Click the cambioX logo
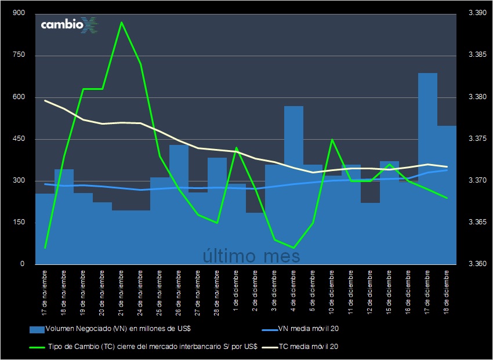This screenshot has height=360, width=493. coord(69,25)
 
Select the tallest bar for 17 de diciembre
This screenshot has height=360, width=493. coord(427,168)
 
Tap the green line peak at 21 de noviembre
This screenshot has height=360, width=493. coord(121,22)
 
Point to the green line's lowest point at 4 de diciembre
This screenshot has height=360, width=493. coord(293,248)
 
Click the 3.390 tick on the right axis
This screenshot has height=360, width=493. coord(477,13)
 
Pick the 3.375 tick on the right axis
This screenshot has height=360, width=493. coord(477,139)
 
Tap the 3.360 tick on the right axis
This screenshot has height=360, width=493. coord(477,264)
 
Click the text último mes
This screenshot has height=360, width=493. coord(252,256)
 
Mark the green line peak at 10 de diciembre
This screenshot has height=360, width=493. coord(332,139)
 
